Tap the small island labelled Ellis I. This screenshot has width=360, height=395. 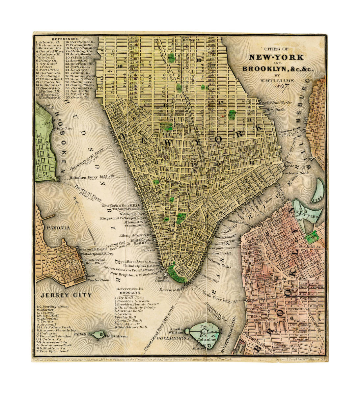(97, 335)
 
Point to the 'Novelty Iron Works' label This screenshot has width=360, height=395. (275, 103)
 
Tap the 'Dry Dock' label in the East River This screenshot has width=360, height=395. (275, 110)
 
